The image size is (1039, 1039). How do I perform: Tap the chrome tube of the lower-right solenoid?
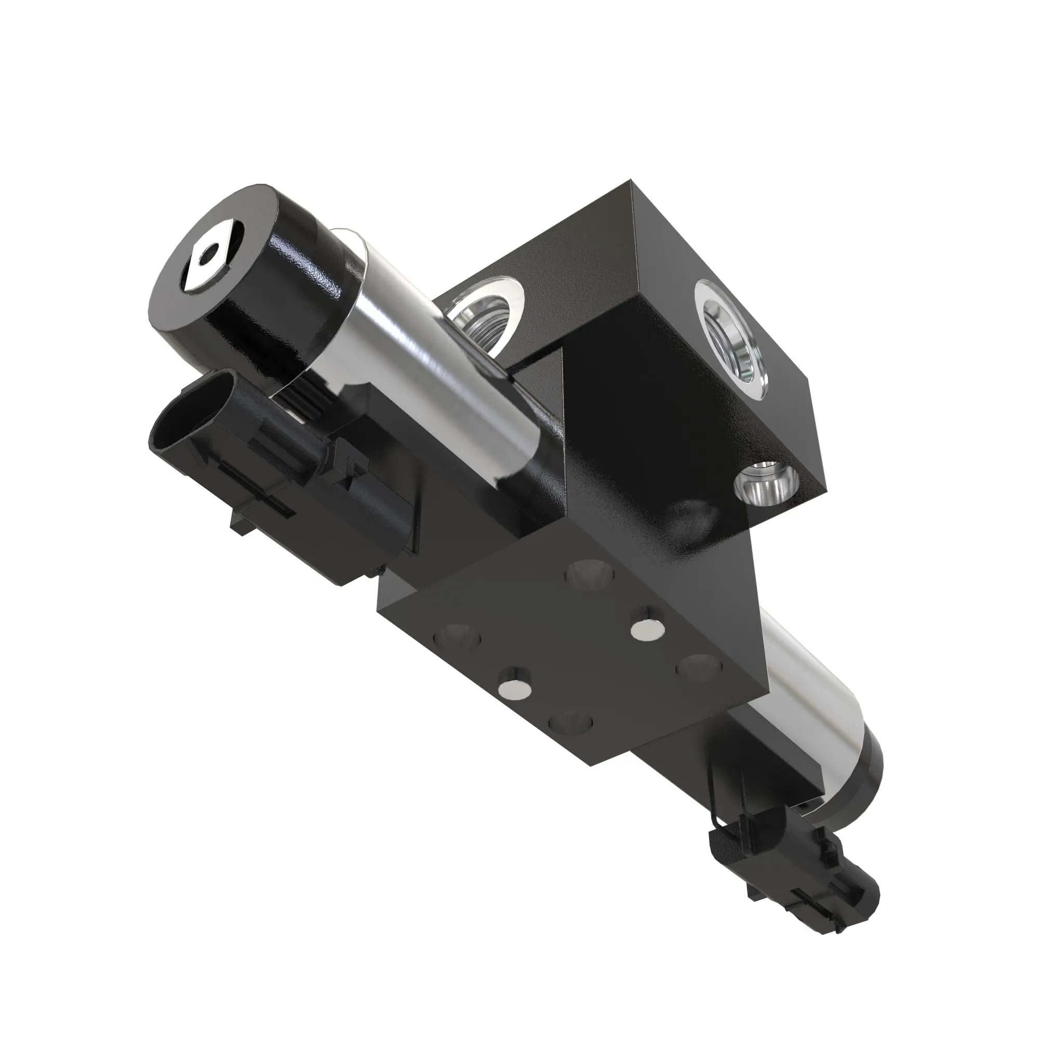[807, 699]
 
